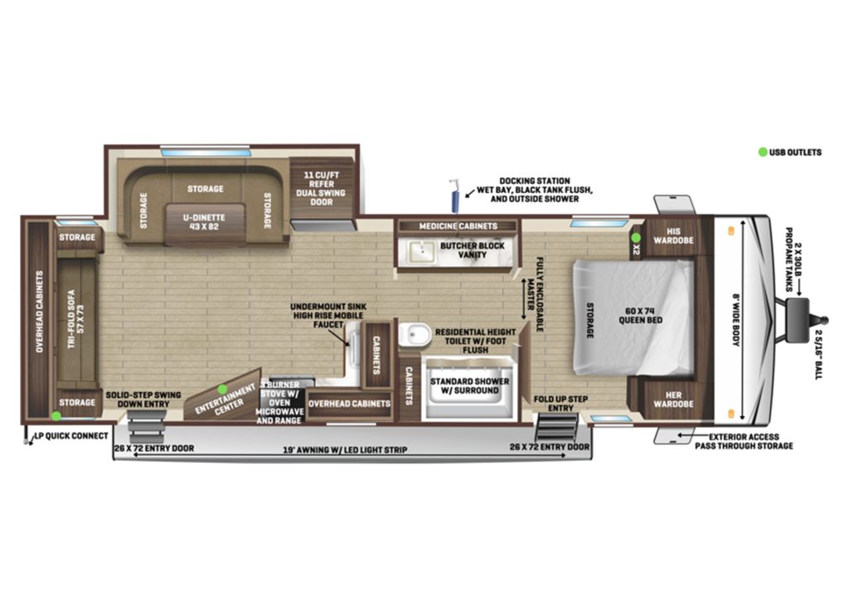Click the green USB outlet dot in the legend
point(762,152)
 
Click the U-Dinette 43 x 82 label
point(204,221)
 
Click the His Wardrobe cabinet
point(669,235)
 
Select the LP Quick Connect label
point(70,435)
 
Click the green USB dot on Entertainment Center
point(222,389)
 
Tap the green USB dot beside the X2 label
point(635,238)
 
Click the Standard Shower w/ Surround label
point(464,385)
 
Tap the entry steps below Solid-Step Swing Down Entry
point(144,429)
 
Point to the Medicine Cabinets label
point(458,225)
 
